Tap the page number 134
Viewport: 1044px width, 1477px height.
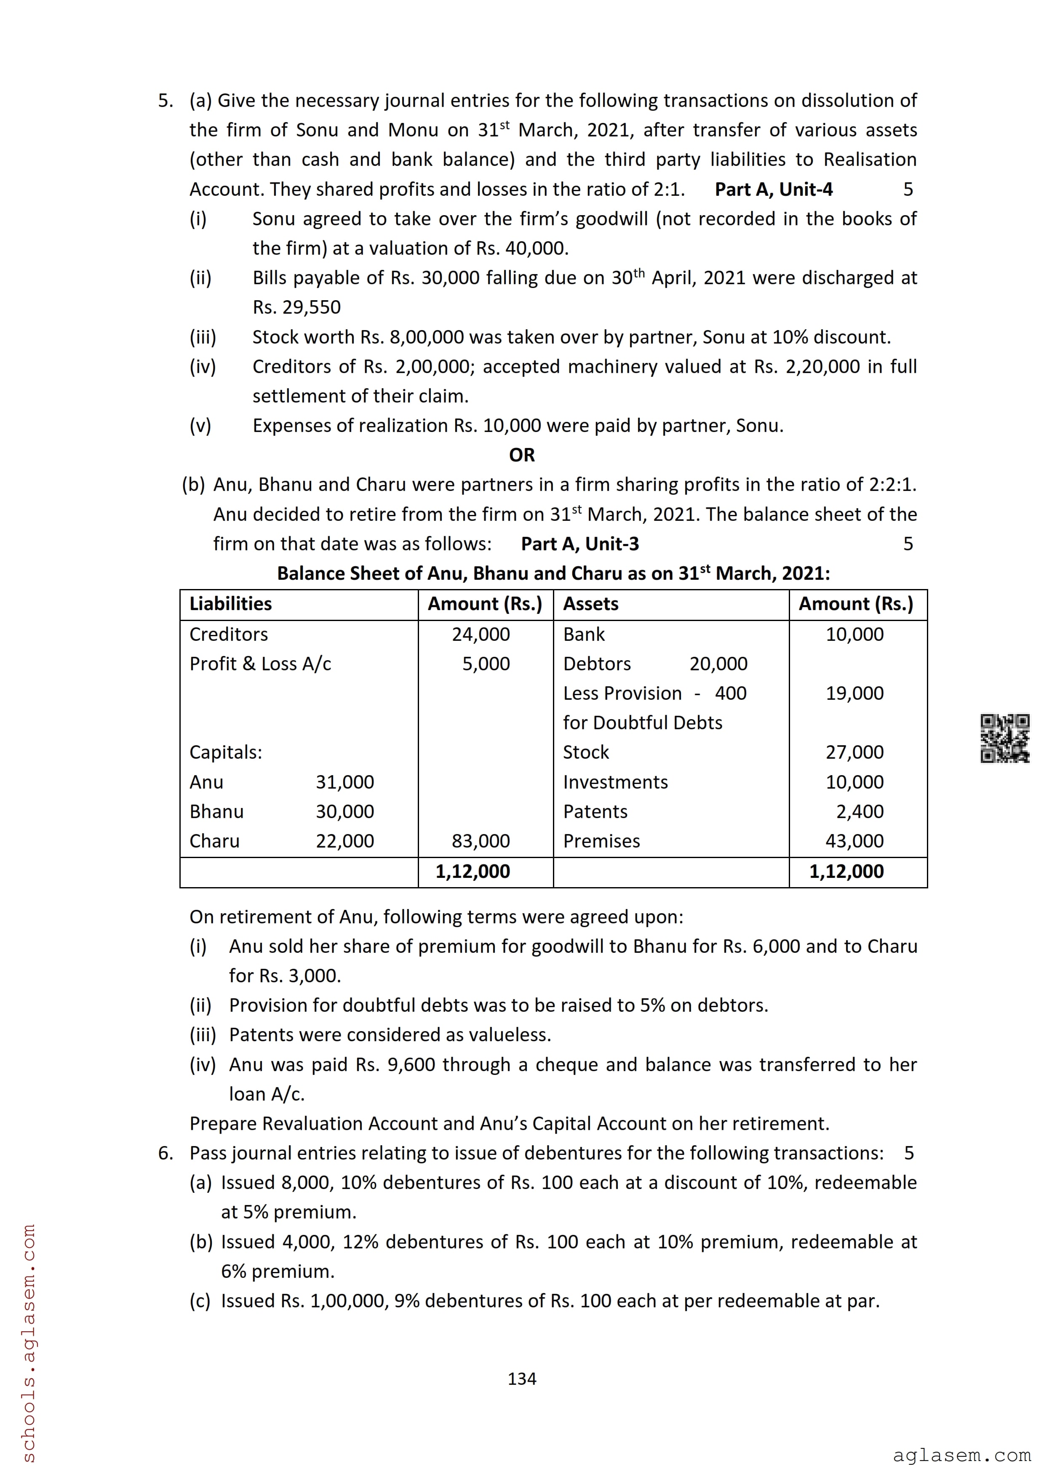522,1378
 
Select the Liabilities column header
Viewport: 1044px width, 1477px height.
230,604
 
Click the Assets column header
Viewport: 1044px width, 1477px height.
590,604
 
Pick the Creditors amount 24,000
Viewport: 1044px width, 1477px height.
481,634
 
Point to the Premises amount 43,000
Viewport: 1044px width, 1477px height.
854,841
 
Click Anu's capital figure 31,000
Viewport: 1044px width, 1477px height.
345,782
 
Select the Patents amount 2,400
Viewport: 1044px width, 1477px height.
860,812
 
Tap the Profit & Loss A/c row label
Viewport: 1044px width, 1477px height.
260,664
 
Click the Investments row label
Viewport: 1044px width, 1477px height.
615,782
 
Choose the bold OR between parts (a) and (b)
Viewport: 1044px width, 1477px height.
522,456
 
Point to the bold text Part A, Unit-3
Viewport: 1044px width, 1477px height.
579,544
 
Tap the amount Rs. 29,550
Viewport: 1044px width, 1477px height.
296,307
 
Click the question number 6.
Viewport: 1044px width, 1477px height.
166,1153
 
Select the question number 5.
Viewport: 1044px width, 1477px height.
166,101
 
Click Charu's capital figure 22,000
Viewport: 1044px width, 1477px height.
345,841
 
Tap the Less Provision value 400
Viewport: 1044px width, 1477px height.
731,693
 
